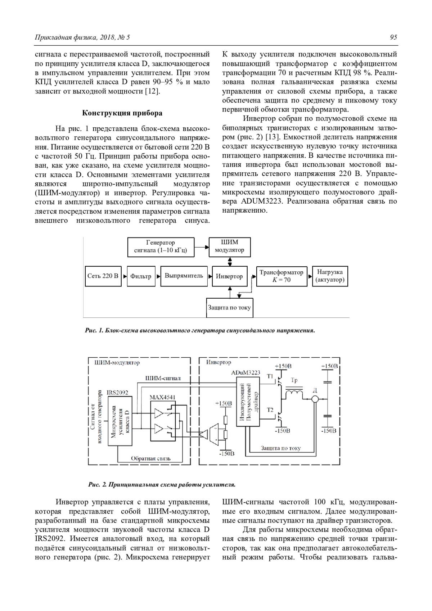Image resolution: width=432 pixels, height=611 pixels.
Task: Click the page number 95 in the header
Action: click(393, 37)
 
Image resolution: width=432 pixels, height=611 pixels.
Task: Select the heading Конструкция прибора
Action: click(122, 113)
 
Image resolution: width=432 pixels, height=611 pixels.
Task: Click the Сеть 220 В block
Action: click(103, 276)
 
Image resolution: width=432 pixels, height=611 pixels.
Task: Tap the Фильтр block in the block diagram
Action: click(141, 276)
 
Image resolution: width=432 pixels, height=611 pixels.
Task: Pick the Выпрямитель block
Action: click(184, 276)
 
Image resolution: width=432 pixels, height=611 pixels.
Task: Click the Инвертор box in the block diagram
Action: click(229, 276)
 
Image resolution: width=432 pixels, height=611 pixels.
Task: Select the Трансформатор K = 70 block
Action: click(282, 276)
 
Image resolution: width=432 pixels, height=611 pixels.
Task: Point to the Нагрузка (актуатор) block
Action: click(330, 276)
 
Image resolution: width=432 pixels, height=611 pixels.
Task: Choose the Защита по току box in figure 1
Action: click(229, 308)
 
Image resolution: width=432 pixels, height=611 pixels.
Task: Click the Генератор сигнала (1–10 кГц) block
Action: click(161, 247)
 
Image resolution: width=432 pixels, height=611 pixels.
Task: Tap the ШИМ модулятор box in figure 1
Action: click(230, 246)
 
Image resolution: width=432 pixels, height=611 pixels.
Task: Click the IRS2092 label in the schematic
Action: click(117, 393)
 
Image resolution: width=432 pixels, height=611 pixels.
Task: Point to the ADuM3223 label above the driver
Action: click(246, 372)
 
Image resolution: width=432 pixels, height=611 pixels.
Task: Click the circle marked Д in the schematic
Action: click(315, 399)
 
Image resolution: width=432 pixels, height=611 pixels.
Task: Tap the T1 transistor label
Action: click(270, 377)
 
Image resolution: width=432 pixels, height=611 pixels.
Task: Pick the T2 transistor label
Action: click(270, 410)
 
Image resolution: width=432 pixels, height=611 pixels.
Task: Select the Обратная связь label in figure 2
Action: click(150, 458)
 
